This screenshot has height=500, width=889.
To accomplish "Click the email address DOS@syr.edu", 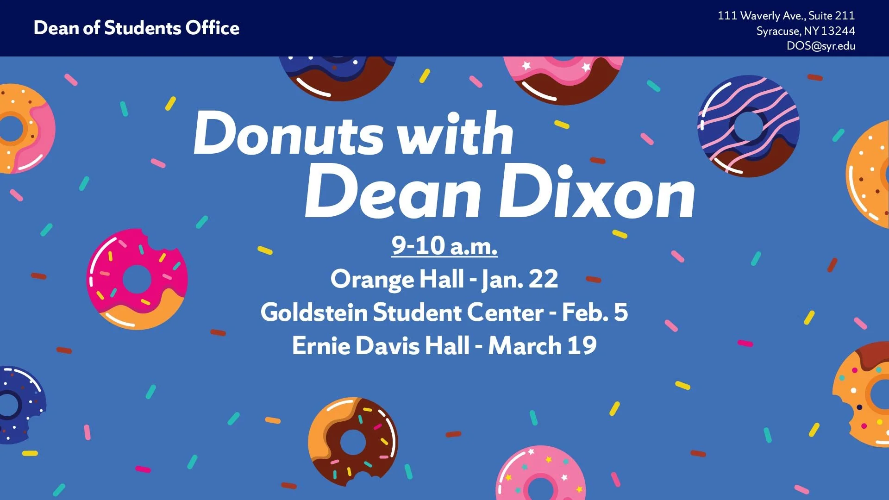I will tap(820, 46).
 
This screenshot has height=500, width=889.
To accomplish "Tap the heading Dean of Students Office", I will tap(137, 28).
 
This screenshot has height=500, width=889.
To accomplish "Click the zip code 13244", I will tap(838, 31).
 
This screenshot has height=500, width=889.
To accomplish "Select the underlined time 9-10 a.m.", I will tap(444, 245).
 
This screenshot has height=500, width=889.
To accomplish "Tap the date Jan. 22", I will tap(520, 279).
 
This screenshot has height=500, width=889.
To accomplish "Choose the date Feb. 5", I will tap(595, 312).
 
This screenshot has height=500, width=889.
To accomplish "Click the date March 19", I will tap(542, 346).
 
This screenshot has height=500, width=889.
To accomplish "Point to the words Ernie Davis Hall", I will tap(381, 346).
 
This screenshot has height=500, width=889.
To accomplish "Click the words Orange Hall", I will tap(397, 279).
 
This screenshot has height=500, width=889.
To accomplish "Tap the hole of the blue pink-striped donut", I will tap(748, 126).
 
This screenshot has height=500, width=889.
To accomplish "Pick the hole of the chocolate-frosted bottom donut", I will tap(353, 442).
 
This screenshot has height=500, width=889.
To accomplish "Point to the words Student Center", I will tap(458, 312).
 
